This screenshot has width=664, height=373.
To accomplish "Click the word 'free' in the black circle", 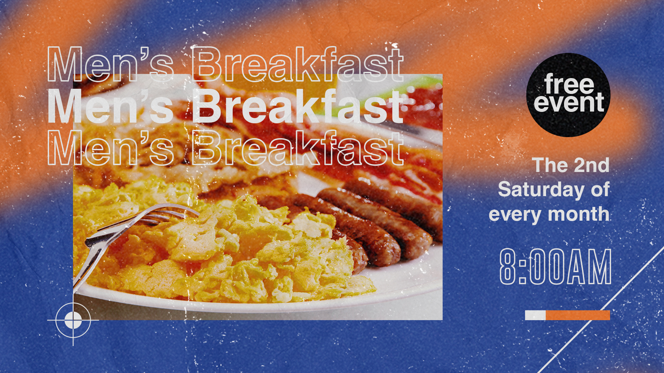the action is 569,84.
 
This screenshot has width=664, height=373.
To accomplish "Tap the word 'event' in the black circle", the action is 569,102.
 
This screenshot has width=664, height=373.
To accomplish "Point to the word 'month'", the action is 579,214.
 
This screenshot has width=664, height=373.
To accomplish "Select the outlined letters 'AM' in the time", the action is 591,267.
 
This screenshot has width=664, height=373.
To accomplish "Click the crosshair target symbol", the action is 73,320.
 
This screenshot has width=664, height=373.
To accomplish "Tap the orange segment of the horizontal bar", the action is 578,315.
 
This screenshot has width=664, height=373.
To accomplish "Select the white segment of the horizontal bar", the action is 535,315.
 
